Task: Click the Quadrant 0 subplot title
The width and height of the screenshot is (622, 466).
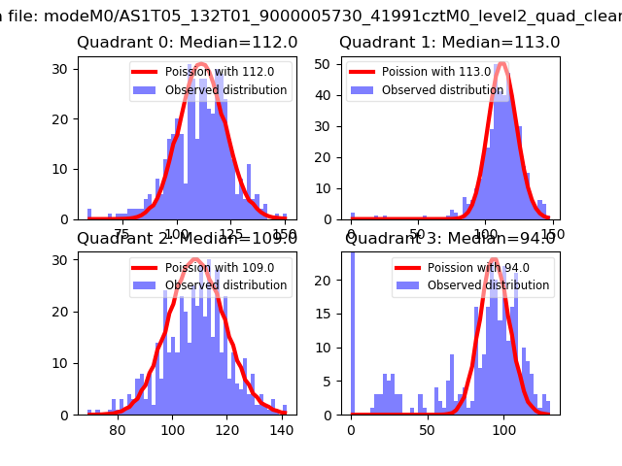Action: click(188, 43)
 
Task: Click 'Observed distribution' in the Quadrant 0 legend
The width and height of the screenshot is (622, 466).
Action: click(225, 90)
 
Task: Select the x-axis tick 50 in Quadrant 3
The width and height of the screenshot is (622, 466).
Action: click(428, 430)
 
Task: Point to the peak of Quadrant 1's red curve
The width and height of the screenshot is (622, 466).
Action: click(501, 65)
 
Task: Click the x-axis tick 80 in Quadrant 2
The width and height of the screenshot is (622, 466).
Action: click(118, 430)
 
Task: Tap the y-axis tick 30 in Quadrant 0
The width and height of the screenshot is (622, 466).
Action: click(63, 68)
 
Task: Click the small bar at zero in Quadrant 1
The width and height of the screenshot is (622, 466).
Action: click(352, 216)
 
